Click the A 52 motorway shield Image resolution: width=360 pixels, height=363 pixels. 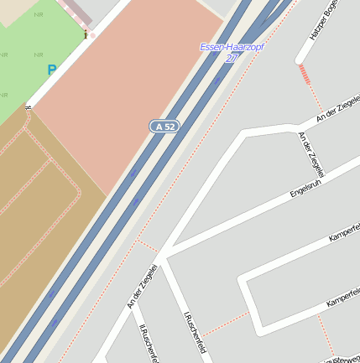point(165,127)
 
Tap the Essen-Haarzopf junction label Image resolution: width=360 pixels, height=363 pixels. point(232,47)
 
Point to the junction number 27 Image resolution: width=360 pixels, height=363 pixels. point(232,58)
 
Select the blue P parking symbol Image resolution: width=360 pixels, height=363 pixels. point(52,71)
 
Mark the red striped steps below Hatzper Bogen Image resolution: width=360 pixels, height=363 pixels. point(305,75)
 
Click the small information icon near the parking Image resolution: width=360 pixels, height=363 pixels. point(86,34)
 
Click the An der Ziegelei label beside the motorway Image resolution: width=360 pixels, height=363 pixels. point(143,287)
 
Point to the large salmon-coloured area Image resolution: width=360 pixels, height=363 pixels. point(126,92)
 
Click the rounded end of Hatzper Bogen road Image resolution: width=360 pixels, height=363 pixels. point(300,60)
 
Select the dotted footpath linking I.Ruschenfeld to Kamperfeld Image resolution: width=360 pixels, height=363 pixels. point(225,322)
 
